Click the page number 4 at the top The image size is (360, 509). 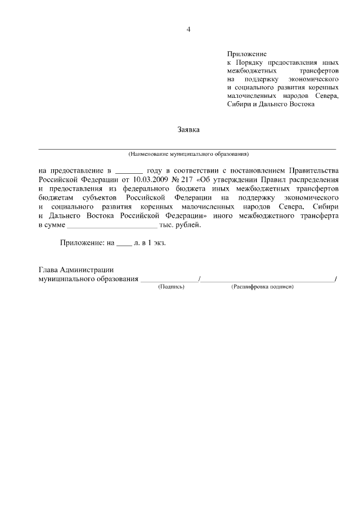(x=188, y=30)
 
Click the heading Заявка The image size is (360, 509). (x=188, y=129)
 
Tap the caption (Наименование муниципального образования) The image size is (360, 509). (x=188, y=154)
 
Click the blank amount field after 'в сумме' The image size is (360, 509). (x=112, y=226)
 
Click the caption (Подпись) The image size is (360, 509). (x=171, y=286)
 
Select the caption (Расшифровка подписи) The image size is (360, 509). (x=262, y=286)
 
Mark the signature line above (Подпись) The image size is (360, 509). (x=169, y=280)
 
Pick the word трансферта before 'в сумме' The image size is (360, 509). (x=316, y=216)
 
